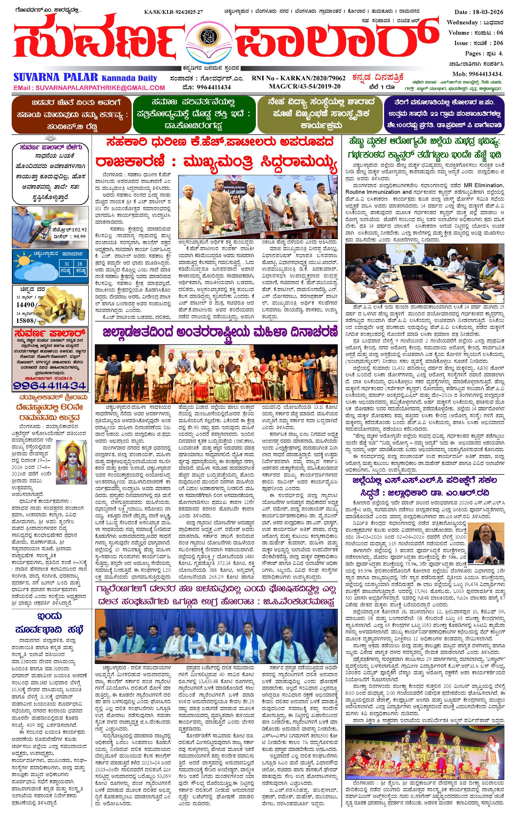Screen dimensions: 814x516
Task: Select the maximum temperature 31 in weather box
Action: pyautogui.click(x=67, y=264)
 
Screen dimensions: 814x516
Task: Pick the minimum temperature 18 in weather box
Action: pyautogui.click(x=79, y=264)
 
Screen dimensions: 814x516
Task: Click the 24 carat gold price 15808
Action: pyautogui.click(x=25, y=320)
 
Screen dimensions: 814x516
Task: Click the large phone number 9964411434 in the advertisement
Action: pyautogui.click(x=50, y=385)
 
